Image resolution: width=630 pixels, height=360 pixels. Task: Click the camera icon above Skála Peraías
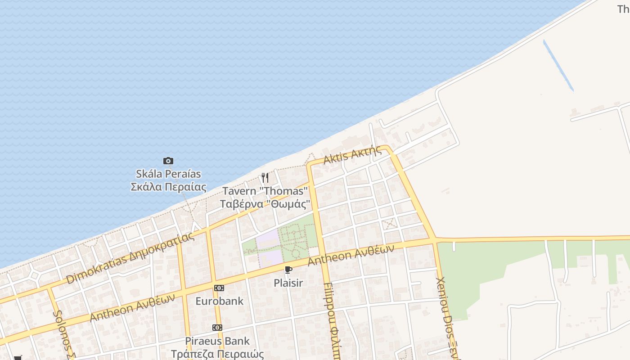tap(168, 161)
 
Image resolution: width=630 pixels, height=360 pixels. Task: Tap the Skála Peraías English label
tap(168, 174)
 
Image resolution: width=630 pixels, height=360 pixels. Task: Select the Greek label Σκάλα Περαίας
tap(168, 187)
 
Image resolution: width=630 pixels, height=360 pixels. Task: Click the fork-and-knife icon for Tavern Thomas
tap(265, 178)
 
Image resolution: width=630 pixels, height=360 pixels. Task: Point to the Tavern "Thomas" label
tap(265, 191)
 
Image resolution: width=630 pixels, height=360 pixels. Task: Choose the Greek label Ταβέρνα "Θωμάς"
tap(265, 204)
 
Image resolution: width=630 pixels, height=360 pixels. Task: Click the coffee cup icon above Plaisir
tap(288, 270)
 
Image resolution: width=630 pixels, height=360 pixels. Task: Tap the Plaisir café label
tap(288, 283)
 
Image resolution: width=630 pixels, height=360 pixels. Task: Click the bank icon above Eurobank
tap(219, 288)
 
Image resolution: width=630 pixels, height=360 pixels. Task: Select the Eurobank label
tap(219, 301)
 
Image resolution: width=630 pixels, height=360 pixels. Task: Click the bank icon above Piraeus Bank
tap(217, 328)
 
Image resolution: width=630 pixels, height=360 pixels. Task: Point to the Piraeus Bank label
tap(217, 341)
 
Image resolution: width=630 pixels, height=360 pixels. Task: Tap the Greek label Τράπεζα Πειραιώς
tap(217, 354)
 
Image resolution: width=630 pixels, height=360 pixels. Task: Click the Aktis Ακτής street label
tap(352, 155)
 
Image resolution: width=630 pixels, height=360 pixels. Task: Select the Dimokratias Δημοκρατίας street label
tap(130, 258)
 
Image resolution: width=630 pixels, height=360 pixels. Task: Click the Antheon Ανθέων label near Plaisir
tap(351, 255)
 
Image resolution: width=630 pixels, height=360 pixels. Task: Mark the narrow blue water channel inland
tap(558, 66)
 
